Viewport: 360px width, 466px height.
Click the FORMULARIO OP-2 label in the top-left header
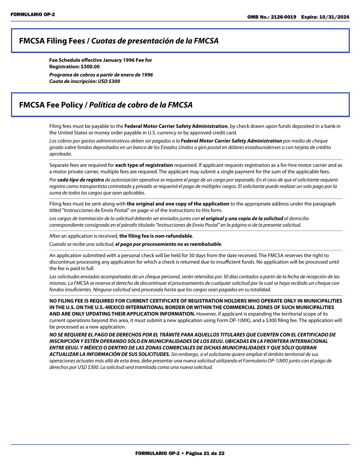pos(27,14)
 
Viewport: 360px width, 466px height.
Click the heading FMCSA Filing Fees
pos(53,41)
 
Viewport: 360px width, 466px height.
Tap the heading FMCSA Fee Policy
pos(53,105)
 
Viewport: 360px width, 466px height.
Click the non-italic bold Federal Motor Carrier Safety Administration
pos(176,126)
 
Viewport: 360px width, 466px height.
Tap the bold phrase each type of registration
pos(144,165)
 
